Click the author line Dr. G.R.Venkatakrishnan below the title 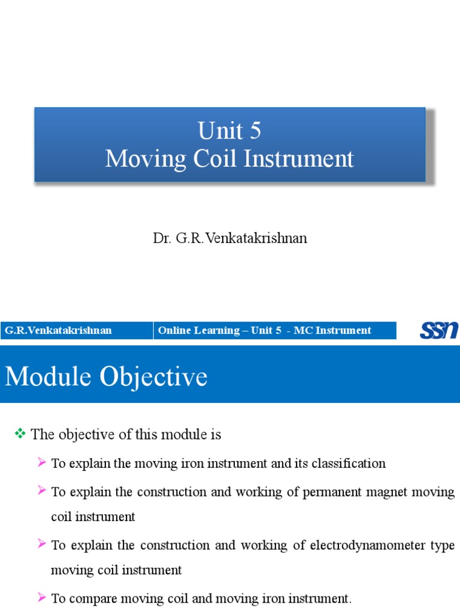tap(230, 238)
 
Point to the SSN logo tap(439, 330)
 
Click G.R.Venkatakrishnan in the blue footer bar tap(58, 330)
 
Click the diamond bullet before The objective tap(21, 434)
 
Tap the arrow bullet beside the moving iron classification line tap(41, 463)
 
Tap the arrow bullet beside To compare tap(41, 598)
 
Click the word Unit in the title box tap(218, 131)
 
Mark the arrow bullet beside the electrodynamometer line tap(41, 544)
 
